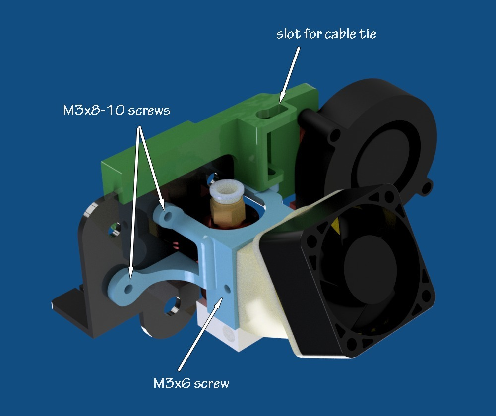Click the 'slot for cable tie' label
(326, 34)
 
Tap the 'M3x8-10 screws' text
(117, 110)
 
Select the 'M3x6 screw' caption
(191, 383)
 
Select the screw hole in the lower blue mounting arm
(129, 289)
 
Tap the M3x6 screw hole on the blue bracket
(227, 288)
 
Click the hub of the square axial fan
(370, 269)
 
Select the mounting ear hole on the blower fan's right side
(427, 187)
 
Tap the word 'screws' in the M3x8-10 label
(149, 111)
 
